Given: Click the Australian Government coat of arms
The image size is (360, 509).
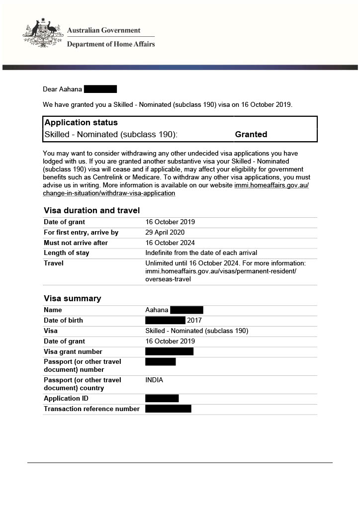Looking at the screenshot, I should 42,33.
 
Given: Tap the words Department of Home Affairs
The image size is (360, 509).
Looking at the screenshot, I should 111,44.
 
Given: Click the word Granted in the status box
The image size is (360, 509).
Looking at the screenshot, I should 251,134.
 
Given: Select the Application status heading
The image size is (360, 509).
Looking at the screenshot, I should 81,122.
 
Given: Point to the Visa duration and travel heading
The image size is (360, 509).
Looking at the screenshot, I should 91,210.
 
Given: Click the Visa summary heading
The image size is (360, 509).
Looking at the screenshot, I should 72,298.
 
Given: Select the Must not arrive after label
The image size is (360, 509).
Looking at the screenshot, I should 76,243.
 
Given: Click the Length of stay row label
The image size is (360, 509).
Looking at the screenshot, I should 67,253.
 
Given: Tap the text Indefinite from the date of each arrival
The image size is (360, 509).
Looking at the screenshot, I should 201,253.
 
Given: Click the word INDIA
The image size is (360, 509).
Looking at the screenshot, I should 154,380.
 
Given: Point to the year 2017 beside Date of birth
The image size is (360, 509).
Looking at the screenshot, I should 194,320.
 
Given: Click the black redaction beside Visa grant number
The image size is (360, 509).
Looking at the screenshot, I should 169,351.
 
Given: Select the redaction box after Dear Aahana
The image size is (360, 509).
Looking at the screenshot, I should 100,89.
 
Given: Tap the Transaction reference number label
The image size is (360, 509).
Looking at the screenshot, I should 91,409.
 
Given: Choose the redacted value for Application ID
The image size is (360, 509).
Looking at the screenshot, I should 162,398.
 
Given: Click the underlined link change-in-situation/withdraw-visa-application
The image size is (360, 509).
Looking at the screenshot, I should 109,193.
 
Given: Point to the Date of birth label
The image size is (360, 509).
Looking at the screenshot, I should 63,320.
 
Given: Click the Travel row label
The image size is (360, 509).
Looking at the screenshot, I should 54,263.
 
